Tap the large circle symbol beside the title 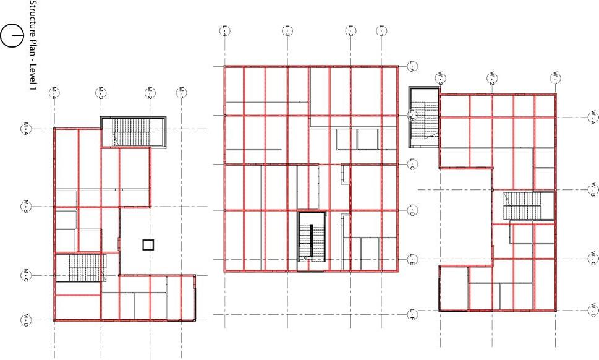(x=12, y=36)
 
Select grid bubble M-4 (x=54, y=93)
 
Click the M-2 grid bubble (x=148, y=93)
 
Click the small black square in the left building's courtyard (x=148, y=244)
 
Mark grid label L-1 (x=382, y=30)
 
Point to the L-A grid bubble (x=411, y=66)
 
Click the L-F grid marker (x=411, y=315)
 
